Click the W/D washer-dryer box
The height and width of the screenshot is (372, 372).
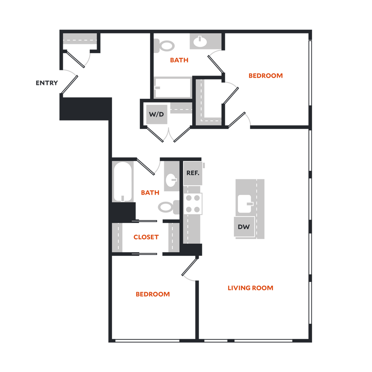click(157, 114)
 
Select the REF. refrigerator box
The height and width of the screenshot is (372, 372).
click(193, 173)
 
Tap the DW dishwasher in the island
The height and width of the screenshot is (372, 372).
click(244, 227)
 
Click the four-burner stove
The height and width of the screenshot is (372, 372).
click(193, 203)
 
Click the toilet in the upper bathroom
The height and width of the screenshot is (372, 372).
click(165, 46)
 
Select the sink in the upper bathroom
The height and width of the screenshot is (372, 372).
click(200, 42)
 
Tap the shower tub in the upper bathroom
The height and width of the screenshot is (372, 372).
click(173, 87)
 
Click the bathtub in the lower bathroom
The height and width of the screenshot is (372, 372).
click(122, 182)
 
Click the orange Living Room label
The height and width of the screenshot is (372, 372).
click(250, 288)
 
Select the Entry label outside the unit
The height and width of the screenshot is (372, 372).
click(47, 83)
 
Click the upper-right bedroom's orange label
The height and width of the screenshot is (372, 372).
click(265, 76)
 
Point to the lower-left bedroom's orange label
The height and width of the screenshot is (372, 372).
click(153, 295)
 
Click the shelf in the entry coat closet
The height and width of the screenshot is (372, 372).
click(80, 39)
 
